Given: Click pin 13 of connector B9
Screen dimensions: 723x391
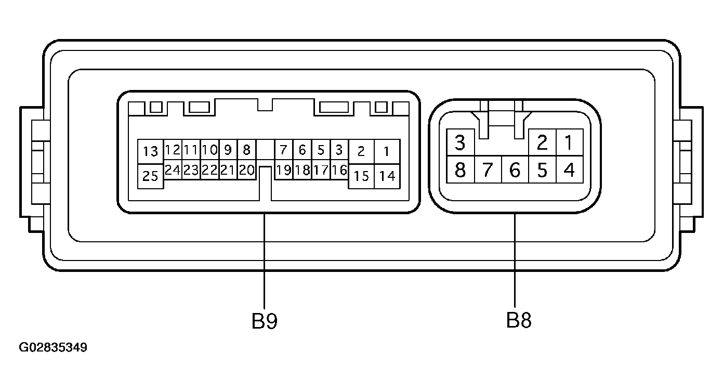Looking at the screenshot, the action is [x=150, y=151].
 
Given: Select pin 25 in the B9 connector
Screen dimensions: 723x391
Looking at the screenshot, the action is [x=150, y=176].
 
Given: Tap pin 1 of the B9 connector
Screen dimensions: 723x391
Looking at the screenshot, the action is [x=387, y=151].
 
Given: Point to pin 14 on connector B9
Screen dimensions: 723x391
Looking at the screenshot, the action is [x=387, y=176].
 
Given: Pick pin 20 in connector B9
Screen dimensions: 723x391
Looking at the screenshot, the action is [x=246, y=170].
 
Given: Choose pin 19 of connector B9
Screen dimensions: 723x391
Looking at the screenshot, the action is [x=284, y=170].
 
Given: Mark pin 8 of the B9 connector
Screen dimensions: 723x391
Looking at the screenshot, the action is [x=246, y=150].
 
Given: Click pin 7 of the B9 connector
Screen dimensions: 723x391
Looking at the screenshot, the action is [x=284, y=150].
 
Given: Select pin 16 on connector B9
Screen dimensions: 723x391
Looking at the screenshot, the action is [x=339, y=170].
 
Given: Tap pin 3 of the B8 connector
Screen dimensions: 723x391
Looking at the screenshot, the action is [x=461, y=142].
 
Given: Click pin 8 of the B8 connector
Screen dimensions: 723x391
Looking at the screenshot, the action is [x=461, y=170].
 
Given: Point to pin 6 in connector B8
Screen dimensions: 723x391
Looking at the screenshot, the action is [x=515, y=170].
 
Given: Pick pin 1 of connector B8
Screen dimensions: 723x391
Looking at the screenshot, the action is [x=569, y=142].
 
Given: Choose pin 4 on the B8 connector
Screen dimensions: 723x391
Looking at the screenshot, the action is [x=569, y=170].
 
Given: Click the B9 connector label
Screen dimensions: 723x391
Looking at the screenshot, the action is [x=265, y=321].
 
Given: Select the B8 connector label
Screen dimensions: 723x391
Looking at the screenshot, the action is [x=519, y=320].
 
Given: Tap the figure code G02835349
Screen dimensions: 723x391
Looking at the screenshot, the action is [x=53, y=347].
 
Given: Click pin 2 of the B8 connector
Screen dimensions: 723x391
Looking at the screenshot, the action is [x=542, y=142].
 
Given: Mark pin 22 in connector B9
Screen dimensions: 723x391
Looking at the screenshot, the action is [x=209, y=170].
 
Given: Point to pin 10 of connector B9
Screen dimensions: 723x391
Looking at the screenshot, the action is [x=209, y=150].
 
